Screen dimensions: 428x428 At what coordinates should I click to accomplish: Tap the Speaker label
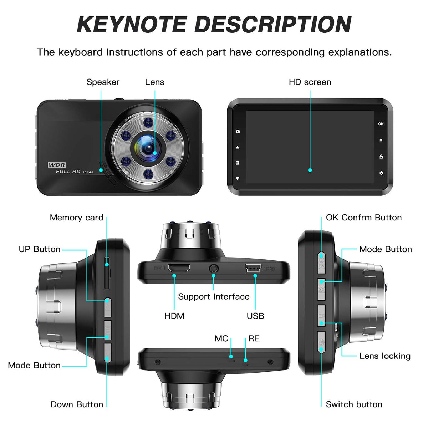tap(103, 82)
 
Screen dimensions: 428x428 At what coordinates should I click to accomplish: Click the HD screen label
tap(310, 82)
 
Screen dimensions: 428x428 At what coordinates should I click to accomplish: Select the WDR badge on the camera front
tap(57, 165)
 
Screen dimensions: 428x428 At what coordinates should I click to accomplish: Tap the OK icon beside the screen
tap(381, 124)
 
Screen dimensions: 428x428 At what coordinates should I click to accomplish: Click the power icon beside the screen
tap(381, 173)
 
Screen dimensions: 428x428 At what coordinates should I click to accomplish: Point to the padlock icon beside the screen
tap(381, 157)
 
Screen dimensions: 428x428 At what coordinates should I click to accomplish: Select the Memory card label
tap(76, 218)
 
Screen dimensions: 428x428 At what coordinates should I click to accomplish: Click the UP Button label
tap(40, 249)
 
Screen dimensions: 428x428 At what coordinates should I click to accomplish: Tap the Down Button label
tap(77, 404)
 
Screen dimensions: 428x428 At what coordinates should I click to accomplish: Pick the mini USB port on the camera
tap(253, 268)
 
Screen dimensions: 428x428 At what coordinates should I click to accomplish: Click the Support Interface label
tap(214, 297)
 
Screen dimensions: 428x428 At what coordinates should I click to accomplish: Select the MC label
tap(221, 338)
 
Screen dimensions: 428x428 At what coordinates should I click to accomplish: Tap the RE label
tap(254, 338)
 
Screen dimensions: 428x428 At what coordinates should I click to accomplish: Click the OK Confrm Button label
tap(363, 218)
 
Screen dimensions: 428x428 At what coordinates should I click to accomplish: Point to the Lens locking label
tap(384, 356)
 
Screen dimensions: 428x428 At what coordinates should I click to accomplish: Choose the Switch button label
tap(354, 404)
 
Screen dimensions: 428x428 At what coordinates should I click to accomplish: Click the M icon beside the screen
tap(381, 141)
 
